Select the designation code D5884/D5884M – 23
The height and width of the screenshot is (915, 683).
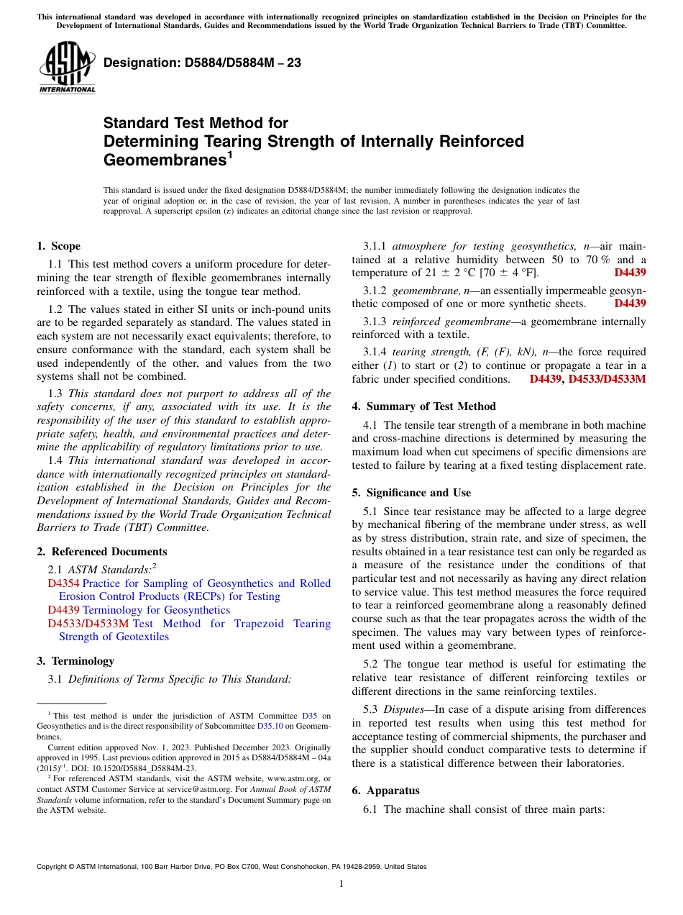coord(202,63)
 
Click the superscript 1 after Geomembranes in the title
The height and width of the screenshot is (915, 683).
coord(229,155)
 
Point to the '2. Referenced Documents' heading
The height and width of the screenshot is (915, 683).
coord(101,552)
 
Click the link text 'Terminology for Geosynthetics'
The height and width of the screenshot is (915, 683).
coord(157,610)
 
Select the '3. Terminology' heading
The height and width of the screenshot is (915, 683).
coord(75,661)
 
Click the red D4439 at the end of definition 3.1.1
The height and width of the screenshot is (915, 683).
coord(630,273)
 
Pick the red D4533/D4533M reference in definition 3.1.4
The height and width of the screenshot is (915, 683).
coord(607,379)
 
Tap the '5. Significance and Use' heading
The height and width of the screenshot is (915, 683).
coord(411,493)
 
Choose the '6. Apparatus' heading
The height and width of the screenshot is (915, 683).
coord(385,791)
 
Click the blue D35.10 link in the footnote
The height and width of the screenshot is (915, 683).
coord(269,727)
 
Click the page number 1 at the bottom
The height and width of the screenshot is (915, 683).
coord(341,884)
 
